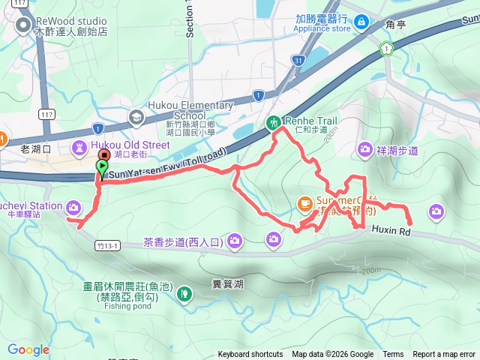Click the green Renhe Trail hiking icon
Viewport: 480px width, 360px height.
pyautogui.click(x=274, y=122)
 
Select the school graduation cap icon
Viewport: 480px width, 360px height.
pyautogui.click(x=136, y=116)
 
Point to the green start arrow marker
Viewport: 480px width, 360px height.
pyautogui.click(x=102, y=166)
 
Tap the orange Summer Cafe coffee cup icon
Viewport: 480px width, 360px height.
pyautogui.click(x=304, y=202)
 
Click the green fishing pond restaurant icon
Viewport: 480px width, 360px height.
pyautogui.click(x=184, y=295)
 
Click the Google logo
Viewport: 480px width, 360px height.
pyautogui.click(x=28, y=349)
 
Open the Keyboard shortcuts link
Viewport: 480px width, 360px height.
pyautogui.click(x=250, y=355)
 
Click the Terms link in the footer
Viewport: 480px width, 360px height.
pyautogui.click(x=393, y=355)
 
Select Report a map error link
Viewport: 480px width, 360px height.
pyautogui.click(x=443, y=355)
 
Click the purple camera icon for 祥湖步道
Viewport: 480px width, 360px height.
pyautogui.click(x=365, y=149)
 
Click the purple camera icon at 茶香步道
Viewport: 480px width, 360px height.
pyautogui.click(x=235, y=241)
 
